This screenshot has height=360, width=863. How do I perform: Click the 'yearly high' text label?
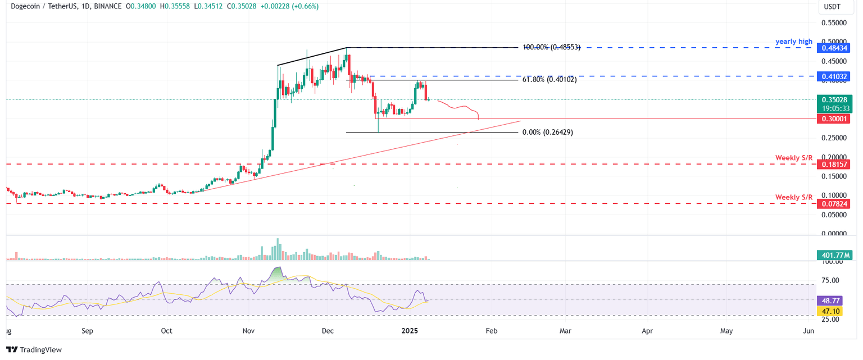click(x=794, y=42)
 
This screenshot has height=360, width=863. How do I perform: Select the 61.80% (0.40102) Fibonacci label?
click(x=549, y=80)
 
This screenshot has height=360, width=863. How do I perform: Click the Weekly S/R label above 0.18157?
click(x=794, y=158)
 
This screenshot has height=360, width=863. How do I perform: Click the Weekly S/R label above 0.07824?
click(x=794, y=197)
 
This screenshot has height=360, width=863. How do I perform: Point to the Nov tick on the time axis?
click(x=248, y=331)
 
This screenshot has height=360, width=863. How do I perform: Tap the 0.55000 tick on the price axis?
click(x=834, y=23)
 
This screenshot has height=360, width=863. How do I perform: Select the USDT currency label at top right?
click(x=832, y=7)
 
